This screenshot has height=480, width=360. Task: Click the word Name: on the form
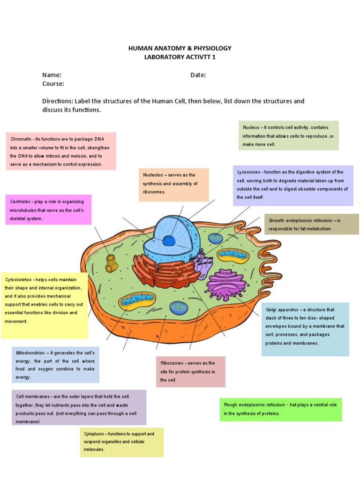(52, 75)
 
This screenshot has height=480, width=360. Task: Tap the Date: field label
(198, 75)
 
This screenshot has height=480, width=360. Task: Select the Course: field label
(53, 84)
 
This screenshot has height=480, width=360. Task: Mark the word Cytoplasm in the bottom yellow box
(95, 434)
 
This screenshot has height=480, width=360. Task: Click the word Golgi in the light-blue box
(272, 310)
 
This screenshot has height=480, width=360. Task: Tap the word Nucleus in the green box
(252, 127)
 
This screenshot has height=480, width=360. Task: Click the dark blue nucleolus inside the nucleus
(169, 240)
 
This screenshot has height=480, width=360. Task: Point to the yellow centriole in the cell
(112, 264)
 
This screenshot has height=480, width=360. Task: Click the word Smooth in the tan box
(277, 220)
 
